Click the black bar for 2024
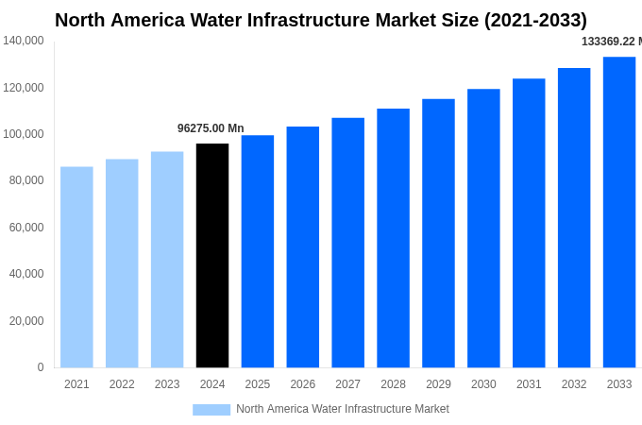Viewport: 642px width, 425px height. (212, 255)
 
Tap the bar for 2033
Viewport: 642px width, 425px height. (619, 212)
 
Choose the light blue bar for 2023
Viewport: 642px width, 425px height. (167, 260)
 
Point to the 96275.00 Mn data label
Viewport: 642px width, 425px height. (211, 128)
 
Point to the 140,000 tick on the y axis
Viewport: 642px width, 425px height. (24, 41)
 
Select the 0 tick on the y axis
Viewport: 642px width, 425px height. (41, 367)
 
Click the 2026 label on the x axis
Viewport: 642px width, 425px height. (303, 384)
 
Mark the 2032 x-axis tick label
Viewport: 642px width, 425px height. (574, 384)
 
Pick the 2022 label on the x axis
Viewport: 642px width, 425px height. (122, 384)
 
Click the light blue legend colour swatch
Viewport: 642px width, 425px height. (211, 409)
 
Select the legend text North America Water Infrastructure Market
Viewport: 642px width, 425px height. (343, 409)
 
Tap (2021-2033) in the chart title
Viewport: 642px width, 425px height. (535, 20)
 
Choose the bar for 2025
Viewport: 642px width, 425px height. (258, 251)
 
